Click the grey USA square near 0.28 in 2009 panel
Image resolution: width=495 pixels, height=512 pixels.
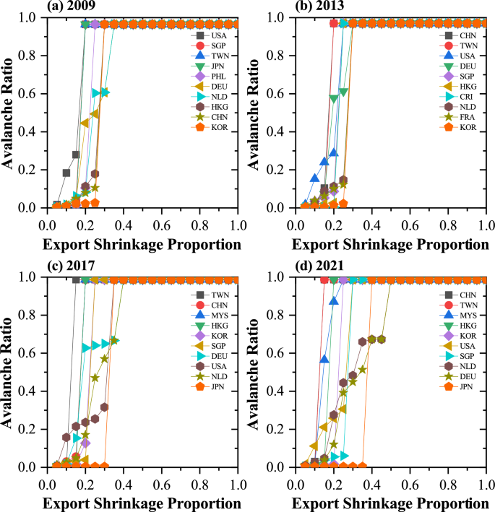coord(76,155)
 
